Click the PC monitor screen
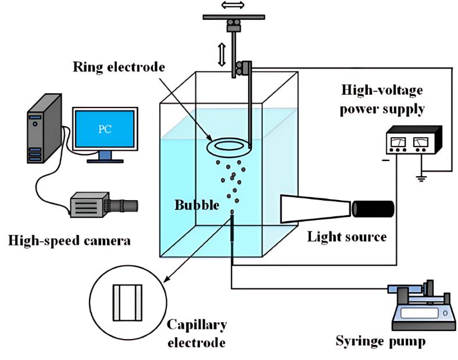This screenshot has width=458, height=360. coord(105,129)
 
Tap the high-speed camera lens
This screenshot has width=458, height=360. coord(127,205)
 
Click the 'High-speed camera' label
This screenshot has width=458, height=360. coord(69,239)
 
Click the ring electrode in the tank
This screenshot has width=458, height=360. coord(230,143)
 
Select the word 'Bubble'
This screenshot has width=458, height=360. coord(198,206)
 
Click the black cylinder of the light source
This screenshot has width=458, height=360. coord(373,209)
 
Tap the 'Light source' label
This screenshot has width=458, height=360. coord(348,237)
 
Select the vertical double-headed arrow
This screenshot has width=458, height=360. coord(221,54)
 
